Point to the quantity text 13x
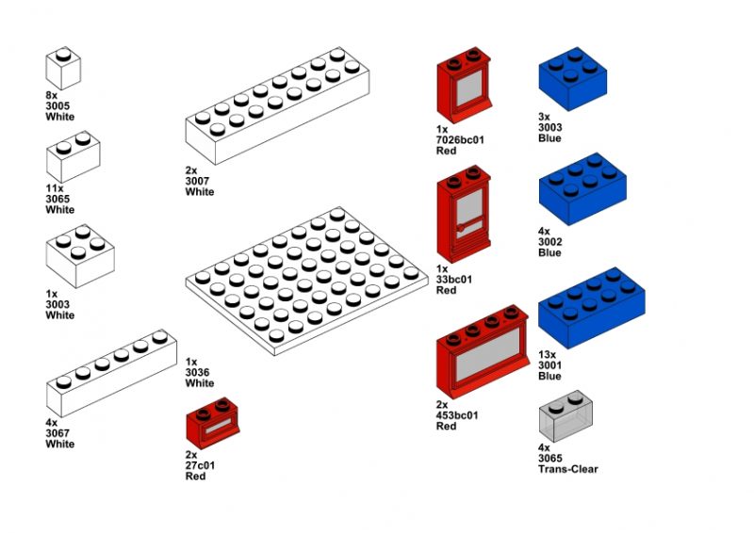(548, 355)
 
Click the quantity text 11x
(56, 187)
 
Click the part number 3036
(199, 373)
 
